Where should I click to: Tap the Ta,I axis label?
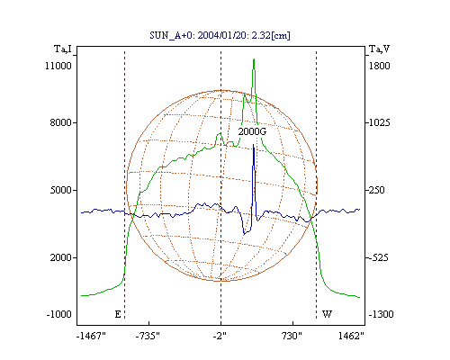click(x=63, y=49)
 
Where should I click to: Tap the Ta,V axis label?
click(x=379, y=49)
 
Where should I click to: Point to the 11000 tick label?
click(x=58, y=66)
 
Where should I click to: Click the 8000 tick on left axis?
click(x=60, y=122)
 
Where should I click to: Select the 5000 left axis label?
click(x=60, y=190)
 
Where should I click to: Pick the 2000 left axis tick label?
click(x=60, y=257)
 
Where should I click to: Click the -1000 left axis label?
click(x=59, y=314)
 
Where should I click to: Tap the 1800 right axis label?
click(x=379, y=66)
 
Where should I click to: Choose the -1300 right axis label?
click(x=381, y=314)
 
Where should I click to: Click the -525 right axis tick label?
click(x=379, y=257)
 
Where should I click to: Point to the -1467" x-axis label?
click(x=91, y=336)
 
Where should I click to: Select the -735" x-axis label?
click(x=148, y=336)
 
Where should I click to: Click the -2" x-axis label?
click(x=220, y=336)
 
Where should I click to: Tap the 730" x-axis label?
click(x=292, y=336)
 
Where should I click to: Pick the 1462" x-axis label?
click(x=351, y=336)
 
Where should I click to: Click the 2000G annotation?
click(x=252, y=131)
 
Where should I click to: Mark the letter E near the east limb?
click(x=118, y=314)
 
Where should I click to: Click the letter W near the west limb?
click(x=327, y=314)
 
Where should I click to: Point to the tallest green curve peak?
click(x=254, y=59)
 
